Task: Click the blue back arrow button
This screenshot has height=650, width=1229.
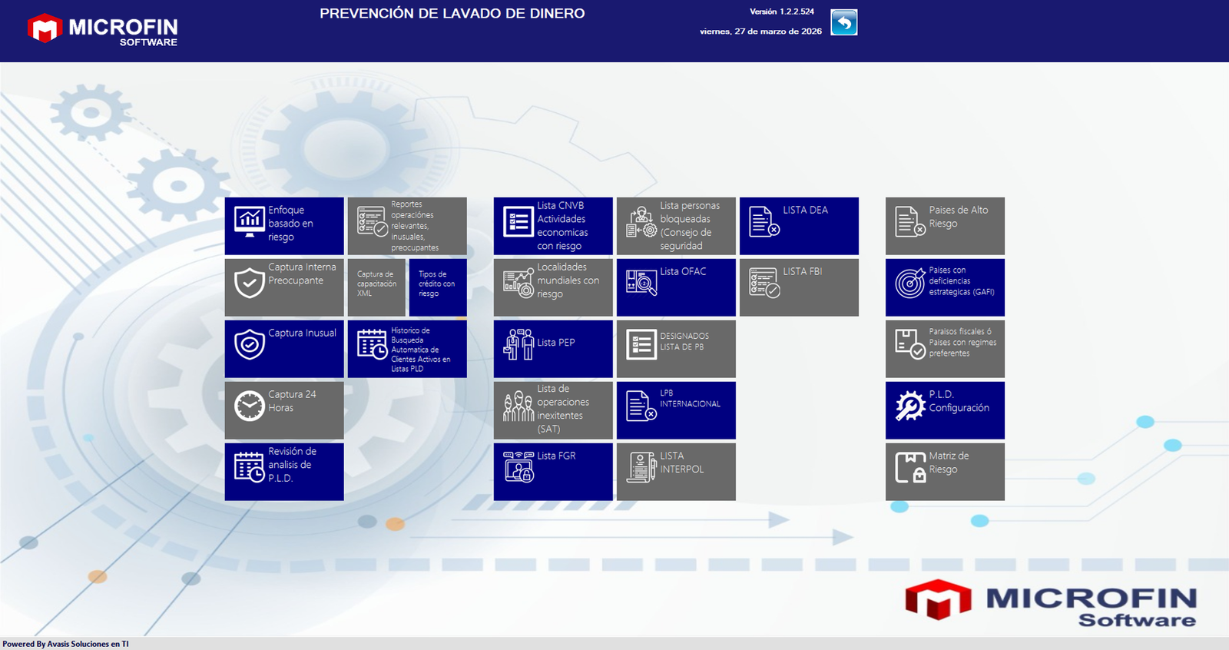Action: (x=844, y=22)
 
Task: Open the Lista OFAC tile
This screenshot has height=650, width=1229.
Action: (x=676, y=287)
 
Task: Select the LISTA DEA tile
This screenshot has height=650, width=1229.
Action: (x=799, y=226)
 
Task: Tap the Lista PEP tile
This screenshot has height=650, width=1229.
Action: (x=553, y=349)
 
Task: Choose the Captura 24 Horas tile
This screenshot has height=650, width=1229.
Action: (x=284, y=410)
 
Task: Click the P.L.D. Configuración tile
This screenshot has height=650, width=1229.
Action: (x=945, y=410)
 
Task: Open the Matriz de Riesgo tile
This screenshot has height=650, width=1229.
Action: (x=945, y=472)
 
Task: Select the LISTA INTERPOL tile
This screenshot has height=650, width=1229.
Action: (x=676, y=472)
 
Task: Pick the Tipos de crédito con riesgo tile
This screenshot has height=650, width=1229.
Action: (x=438, y=287)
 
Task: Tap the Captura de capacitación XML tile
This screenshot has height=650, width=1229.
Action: (x=376, y=287)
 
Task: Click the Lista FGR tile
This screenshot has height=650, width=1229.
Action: (x=553, y=472)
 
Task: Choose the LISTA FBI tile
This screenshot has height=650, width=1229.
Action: (x=799, y=287)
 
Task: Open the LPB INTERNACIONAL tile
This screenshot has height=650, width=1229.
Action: (x=676, y=410)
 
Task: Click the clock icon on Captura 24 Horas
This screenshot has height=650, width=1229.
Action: (x=249, y=406)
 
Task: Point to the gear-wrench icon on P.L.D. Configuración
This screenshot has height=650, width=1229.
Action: (x=909, y=406)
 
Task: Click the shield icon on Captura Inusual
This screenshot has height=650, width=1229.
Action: (x=249, y=344)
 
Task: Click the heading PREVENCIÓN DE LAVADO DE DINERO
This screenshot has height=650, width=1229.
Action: (x=452, y=14)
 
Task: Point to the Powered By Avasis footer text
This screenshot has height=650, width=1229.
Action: (x=65, y=644)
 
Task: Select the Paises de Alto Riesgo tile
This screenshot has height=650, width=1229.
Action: (x=945, y=226)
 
